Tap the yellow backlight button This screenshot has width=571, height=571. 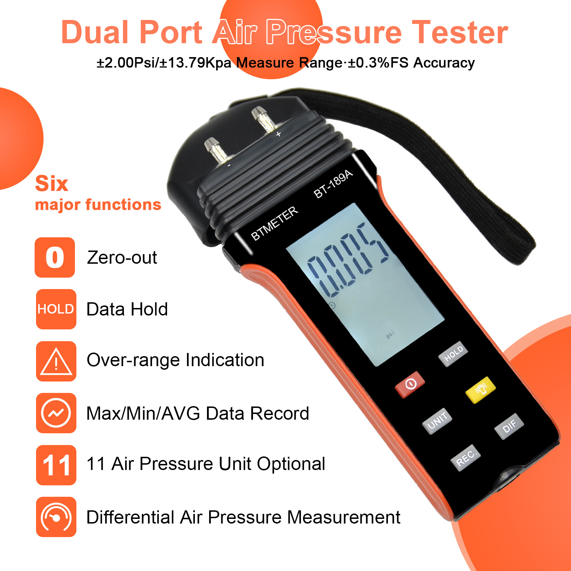pos(481,389)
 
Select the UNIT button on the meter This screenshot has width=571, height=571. pos(437,421)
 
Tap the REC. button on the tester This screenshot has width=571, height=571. pos(466,458)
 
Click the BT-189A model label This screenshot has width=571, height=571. pos(333,184)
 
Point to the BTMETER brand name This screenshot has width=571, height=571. pos(274,224)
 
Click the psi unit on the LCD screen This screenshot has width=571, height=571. pos(390,335)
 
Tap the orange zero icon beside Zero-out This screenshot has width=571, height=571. pos(55,257)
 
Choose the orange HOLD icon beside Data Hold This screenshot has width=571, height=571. pos(56,309)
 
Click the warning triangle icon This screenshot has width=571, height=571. pos(56,361)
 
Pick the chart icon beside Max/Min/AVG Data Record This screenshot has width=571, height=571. pos(56,413)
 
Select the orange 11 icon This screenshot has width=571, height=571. pos(56,465)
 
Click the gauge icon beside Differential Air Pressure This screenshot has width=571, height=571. pos(56,517)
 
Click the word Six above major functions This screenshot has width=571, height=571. pos(51,184)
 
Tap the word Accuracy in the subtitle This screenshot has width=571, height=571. pos(444,63)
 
